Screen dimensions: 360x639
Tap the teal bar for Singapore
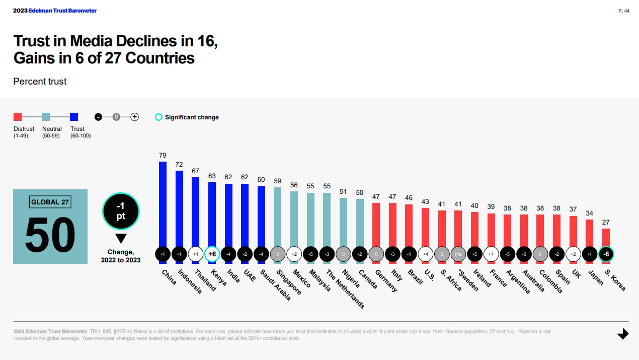tap(278, 217)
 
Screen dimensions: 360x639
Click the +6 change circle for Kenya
tap(212, 254)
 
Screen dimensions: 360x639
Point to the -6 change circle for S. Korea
tap(606, 254)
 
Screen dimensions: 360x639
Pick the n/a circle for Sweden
tap(458, 254)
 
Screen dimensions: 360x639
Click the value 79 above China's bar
tap(163, 156)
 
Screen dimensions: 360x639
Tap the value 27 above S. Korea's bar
tap(606, 222)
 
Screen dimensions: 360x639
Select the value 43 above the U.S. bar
tap(425, 202)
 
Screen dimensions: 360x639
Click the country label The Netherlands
tap(345, 289)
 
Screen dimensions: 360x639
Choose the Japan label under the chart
tap(596, 277)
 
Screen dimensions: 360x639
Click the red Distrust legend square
tap(18, 117)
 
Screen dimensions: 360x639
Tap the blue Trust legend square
tap(74, 117)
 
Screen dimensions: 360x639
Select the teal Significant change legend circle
tap(158, 117)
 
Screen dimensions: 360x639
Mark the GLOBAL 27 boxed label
tap(50, 202)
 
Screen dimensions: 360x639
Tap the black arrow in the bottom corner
tap(623, 333)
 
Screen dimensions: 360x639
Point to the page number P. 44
tap(624, 11)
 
